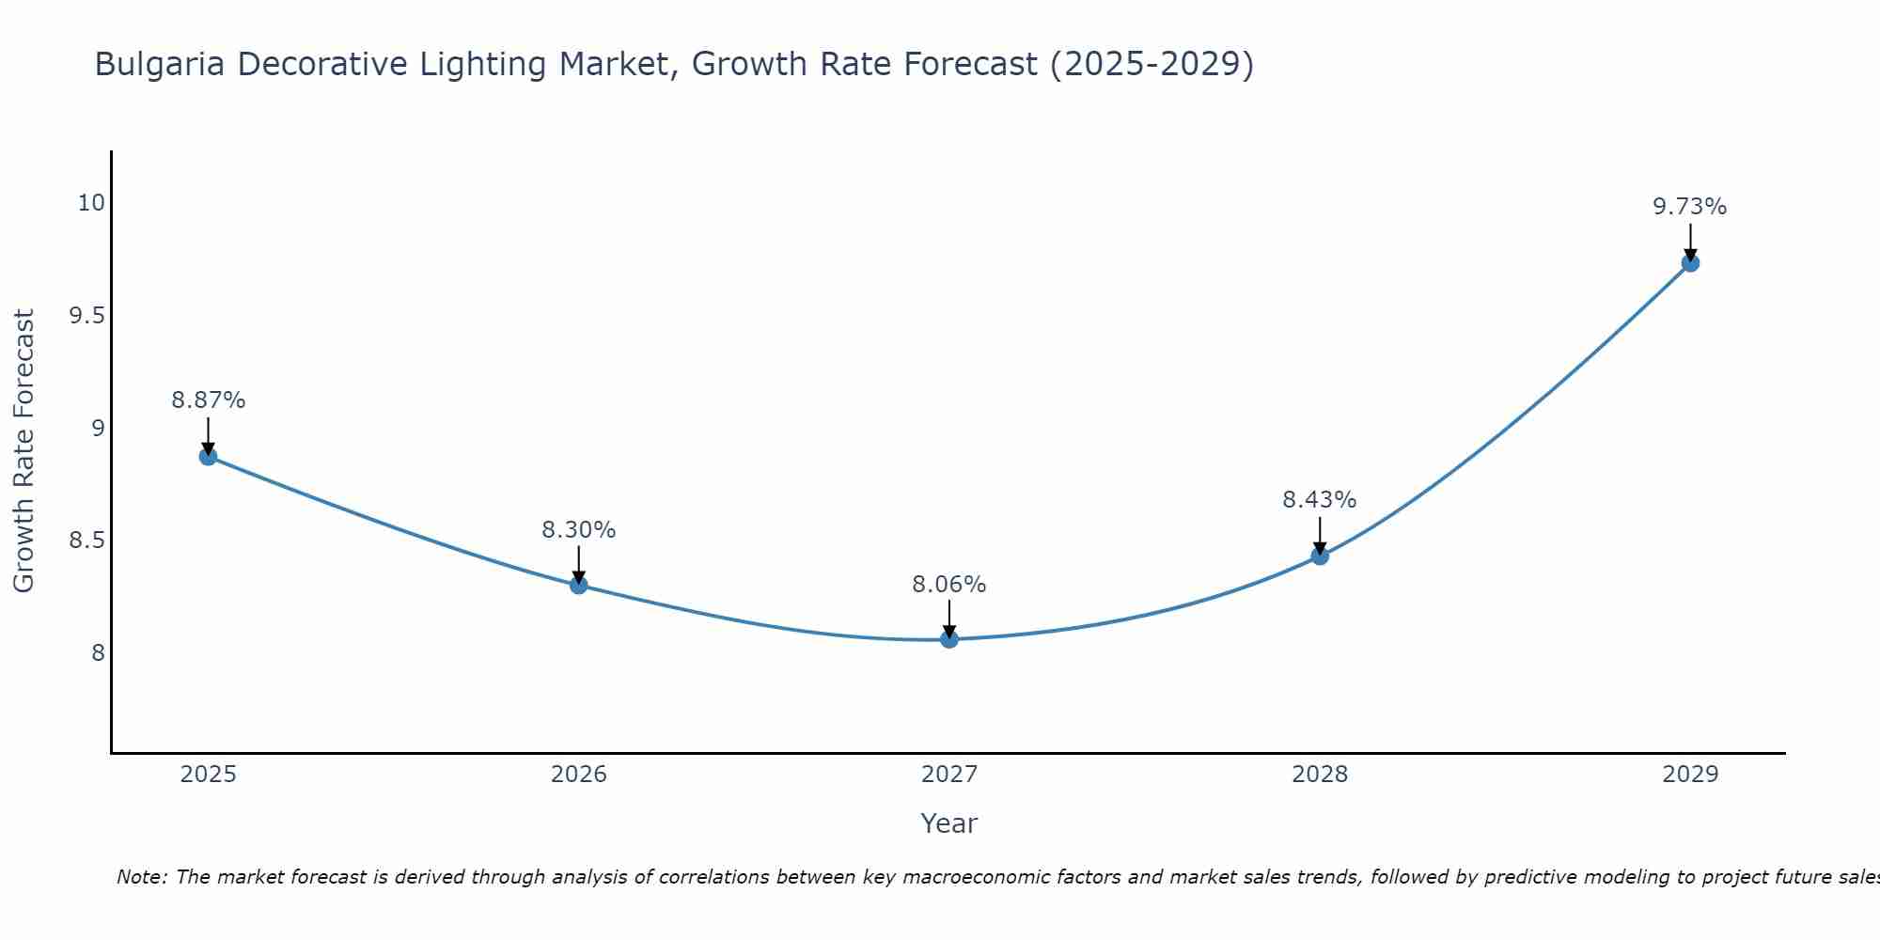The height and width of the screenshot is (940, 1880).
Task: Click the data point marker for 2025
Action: coord(208,457)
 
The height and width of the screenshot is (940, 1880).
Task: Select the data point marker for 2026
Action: coord(579,585)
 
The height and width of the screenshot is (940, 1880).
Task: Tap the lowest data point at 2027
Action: coord(949,639)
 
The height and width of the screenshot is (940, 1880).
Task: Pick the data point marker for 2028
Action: coord(1320,556)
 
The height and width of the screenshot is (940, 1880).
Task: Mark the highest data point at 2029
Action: coord(1690,263)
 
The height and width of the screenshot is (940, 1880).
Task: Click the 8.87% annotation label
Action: coord(208,400)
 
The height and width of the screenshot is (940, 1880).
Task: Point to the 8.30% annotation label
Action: coord(579,530)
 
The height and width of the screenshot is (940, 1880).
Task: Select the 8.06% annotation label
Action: coord(949,585)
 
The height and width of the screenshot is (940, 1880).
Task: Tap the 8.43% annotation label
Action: coord(1320,500)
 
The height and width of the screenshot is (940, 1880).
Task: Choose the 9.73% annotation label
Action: coord(1690,207)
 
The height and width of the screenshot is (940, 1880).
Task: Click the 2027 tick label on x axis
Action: coord(949,775)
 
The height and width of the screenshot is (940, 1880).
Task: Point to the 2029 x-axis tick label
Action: coord(1690,775)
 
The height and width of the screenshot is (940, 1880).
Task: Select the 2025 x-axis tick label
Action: coord(208,775)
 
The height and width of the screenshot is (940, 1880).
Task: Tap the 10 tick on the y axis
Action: coord(91,203)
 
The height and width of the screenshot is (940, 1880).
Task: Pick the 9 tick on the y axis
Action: coord(98,429)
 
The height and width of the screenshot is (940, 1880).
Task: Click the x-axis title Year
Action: coord(949,823)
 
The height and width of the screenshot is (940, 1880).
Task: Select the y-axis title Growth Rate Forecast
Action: coord(23,451)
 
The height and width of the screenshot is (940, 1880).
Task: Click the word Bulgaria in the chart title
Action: coord(160,65)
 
